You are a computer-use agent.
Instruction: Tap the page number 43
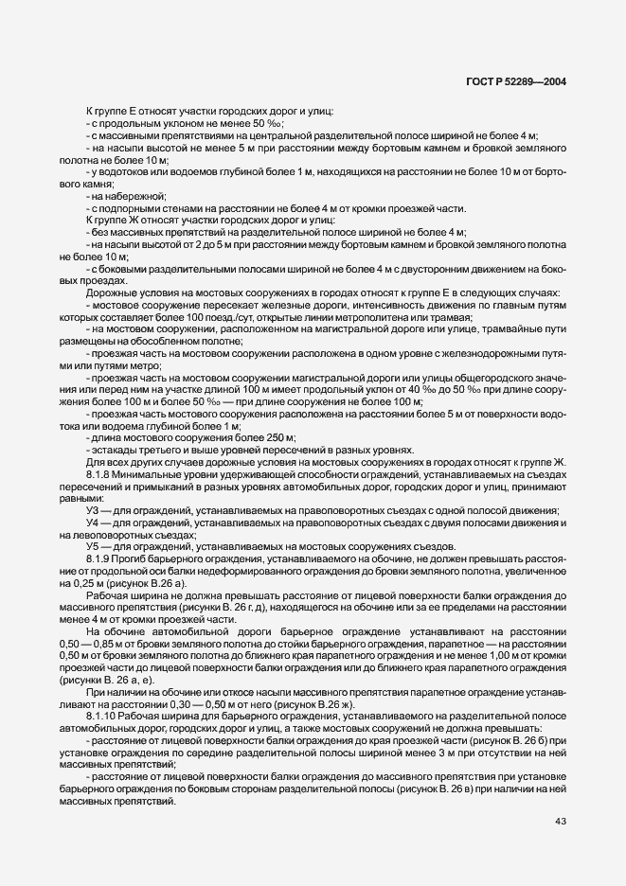click(x=561, y=821)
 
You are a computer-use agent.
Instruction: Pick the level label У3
click(x=93, y=511)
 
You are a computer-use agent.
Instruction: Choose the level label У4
click(x=93, y=523)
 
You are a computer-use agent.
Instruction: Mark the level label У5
click(x=93, y=549)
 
